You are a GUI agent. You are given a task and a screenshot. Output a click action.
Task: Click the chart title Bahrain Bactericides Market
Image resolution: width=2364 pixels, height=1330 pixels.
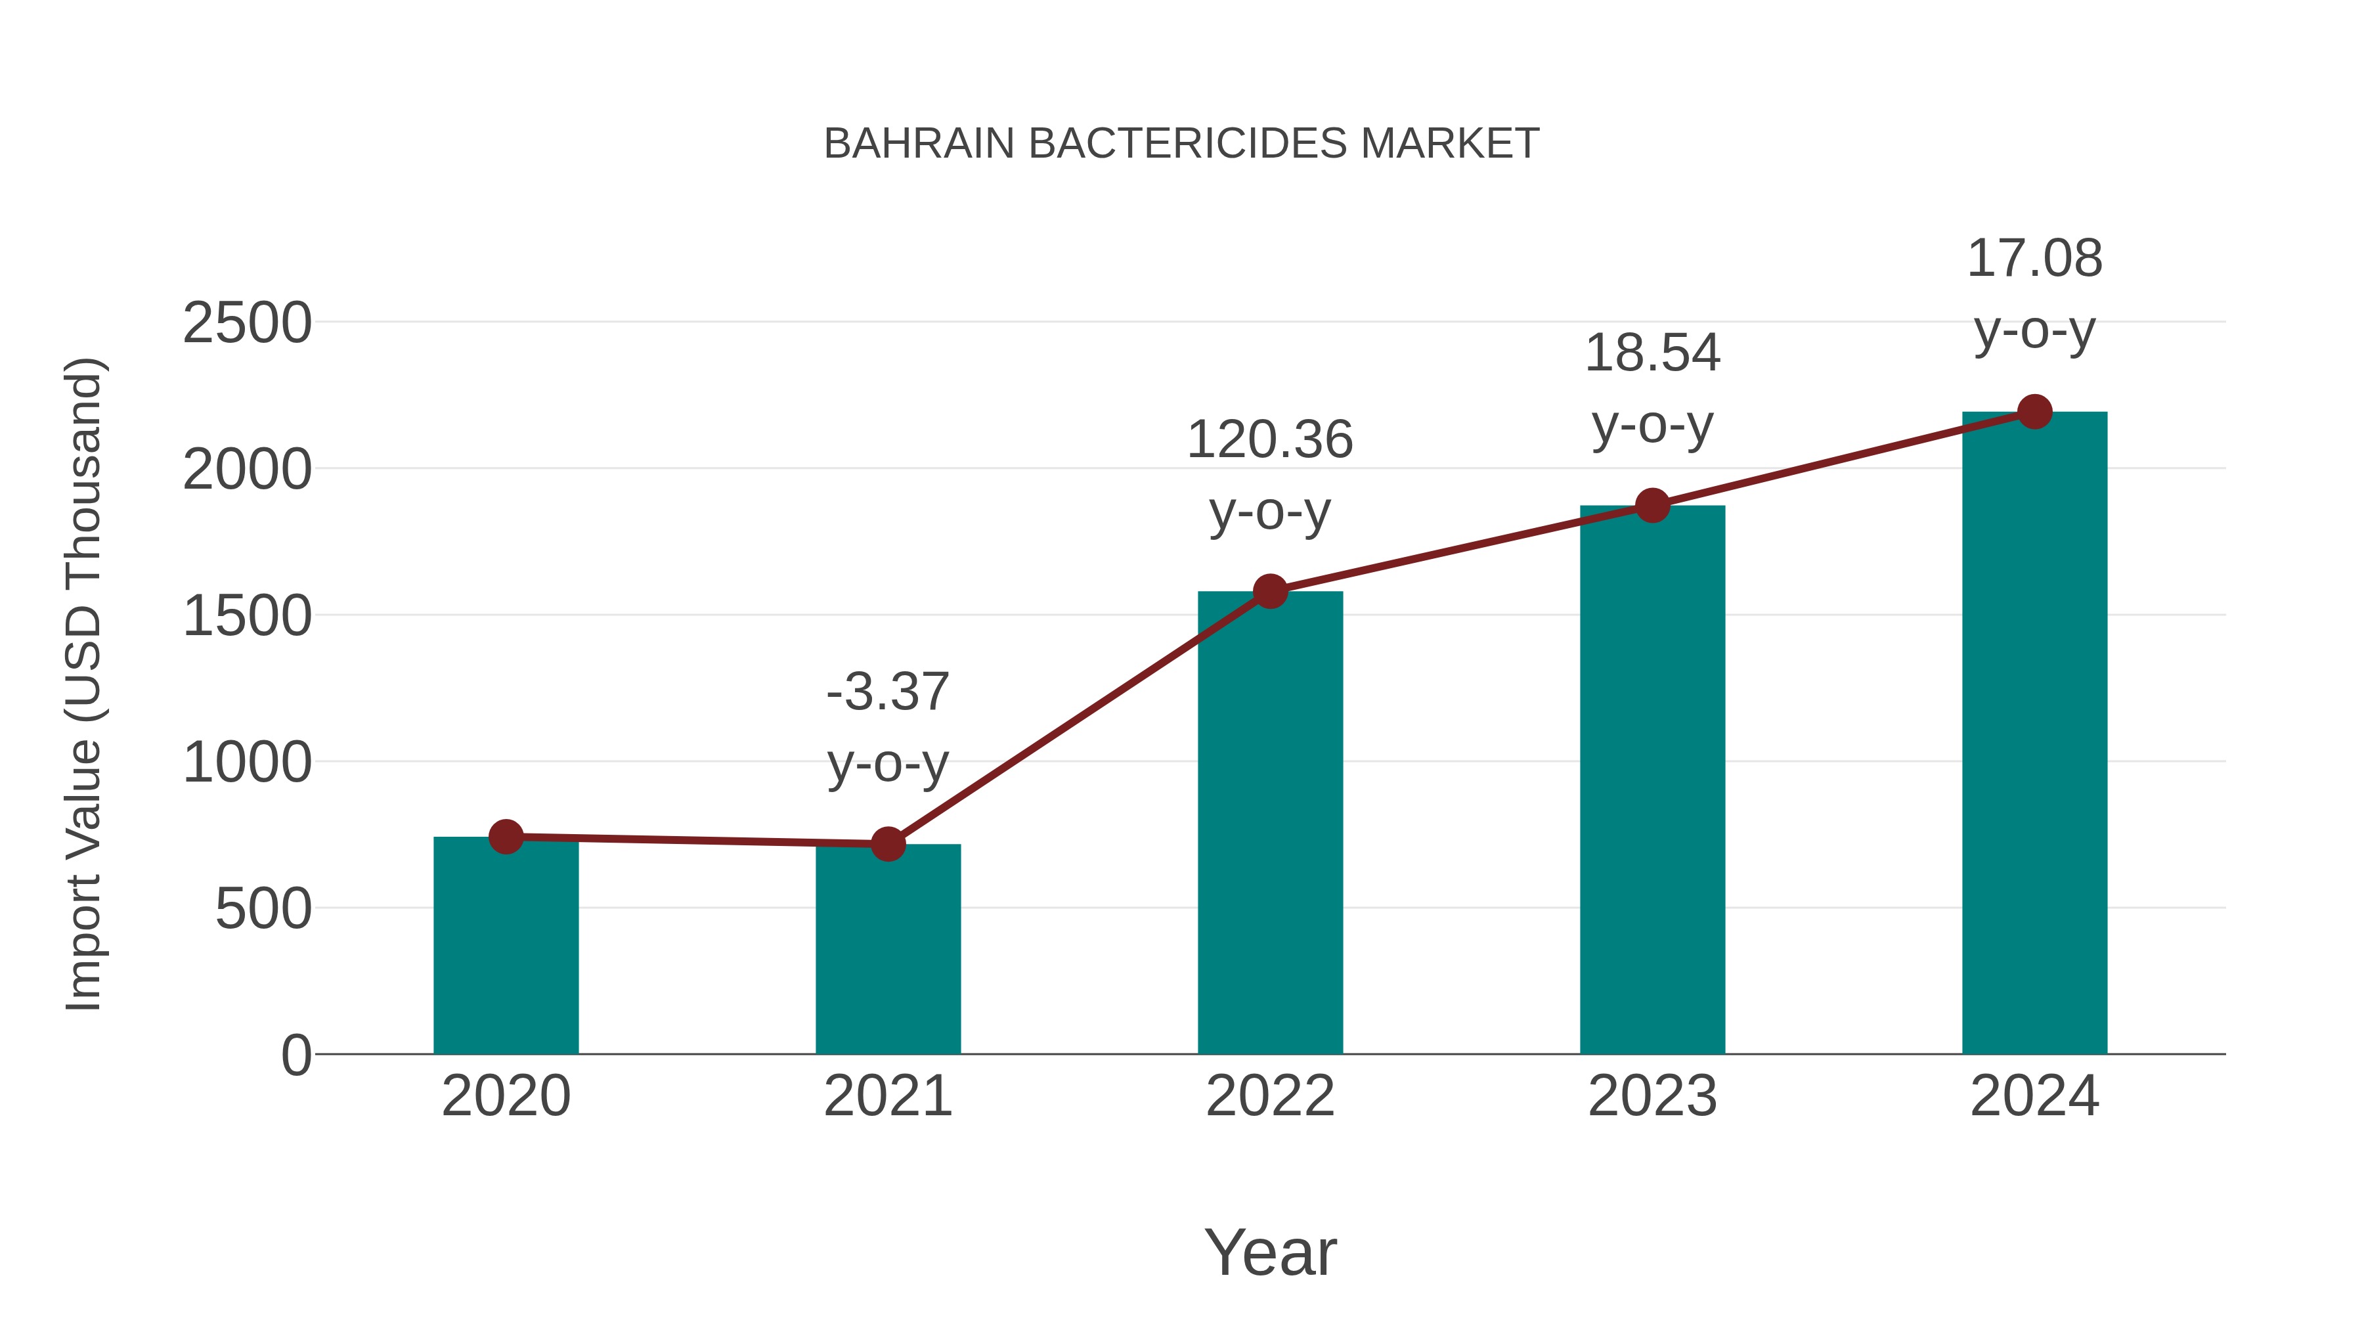coord(1181,143)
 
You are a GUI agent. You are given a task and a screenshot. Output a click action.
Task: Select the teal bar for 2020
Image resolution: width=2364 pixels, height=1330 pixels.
coord(506,945)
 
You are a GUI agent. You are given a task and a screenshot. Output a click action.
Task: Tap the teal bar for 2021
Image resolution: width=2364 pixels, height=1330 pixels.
coord(887,949)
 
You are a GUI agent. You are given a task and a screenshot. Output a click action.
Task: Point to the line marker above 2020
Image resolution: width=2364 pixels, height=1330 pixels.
coord(506,836)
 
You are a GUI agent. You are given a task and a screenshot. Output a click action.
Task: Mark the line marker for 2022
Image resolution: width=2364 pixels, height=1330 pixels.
coord(1270,591)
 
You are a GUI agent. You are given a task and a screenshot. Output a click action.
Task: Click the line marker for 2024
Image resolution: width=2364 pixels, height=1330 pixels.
coord(2034,412)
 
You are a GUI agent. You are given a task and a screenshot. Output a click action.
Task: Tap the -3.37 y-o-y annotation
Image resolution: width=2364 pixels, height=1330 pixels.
coord(887,727)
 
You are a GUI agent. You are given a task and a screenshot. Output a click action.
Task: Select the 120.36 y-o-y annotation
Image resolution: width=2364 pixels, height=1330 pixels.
coord(1270,475)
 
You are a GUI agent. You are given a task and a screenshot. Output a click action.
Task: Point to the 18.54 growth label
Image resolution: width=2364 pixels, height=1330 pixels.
coord(1652,388)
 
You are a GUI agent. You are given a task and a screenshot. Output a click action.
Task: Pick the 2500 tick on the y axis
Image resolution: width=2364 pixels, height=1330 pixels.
coord(247,323)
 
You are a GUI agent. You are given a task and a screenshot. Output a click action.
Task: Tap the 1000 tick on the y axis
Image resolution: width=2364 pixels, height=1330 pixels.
coord(247,762)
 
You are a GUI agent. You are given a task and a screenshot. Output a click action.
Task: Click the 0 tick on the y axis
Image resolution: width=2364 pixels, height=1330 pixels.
coord(295,1055)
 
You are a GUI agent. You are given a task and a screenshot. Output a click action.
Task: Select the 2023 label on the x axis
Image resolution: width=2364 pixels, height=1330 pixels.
coord(1652,1096)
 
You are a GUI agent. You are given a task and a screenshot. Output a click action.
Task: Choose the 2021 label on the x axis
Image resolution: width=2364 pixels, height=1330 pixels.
coord(887,1096)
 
